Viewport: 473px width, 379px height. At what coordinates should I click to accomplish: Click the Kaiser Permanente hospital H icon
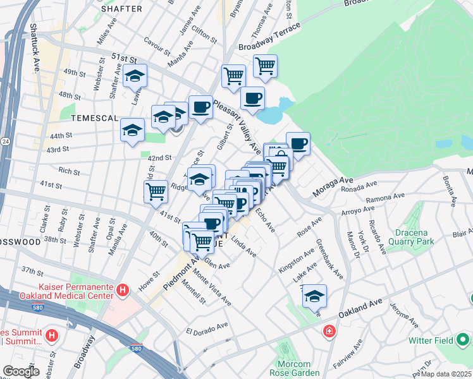point(123,290)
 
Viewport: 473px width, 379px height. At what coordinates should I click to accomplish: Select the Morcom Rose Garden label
point(294,369)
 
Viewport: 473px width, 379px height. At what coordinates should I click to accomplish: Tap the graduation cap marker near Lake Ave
point(314,296)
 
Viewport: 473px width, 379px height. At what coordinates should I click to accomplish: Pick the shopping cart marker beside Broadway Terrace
point(265,65)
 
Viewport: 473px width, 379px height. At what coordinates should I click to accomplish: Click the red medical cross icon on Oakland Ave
point(329,331)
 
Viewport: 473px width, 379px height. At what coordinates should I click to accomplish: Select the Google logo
point(21,371)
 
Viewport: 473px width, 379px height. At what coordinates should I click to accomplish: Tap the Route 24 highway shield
point(4,140)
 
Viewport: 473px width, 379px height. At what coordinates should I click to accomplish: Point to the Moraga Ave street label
point(331,183)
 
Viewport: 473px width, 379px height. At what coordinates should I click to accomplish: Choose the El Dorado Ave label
point(206,328)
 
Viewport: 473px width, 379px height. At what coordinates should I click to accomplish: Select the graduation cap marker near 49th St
point(135,76)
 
